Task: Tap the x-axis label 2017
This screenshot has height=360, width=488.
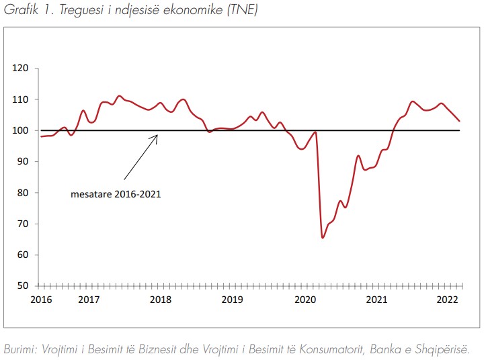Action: [x=88, y=299]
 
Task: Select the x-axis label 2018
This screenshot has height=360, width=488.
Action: [x=159, y=299]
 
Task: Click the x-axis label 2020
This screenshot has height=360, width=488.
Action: [x=306, y=299]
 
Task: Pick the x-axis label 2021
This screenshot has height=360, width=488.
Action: [x=378, y=299]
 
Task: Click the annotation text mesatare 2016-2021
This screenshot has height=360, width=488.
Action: [x=115, y=195]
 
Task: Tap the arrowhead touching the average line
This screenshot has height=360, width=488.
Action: [x=157, y=135]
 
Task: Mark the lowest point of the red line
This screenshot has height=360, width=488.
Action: [x=323, y=238]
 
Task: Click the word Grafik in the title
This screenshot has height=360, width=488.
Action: [x=19, y=10]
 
